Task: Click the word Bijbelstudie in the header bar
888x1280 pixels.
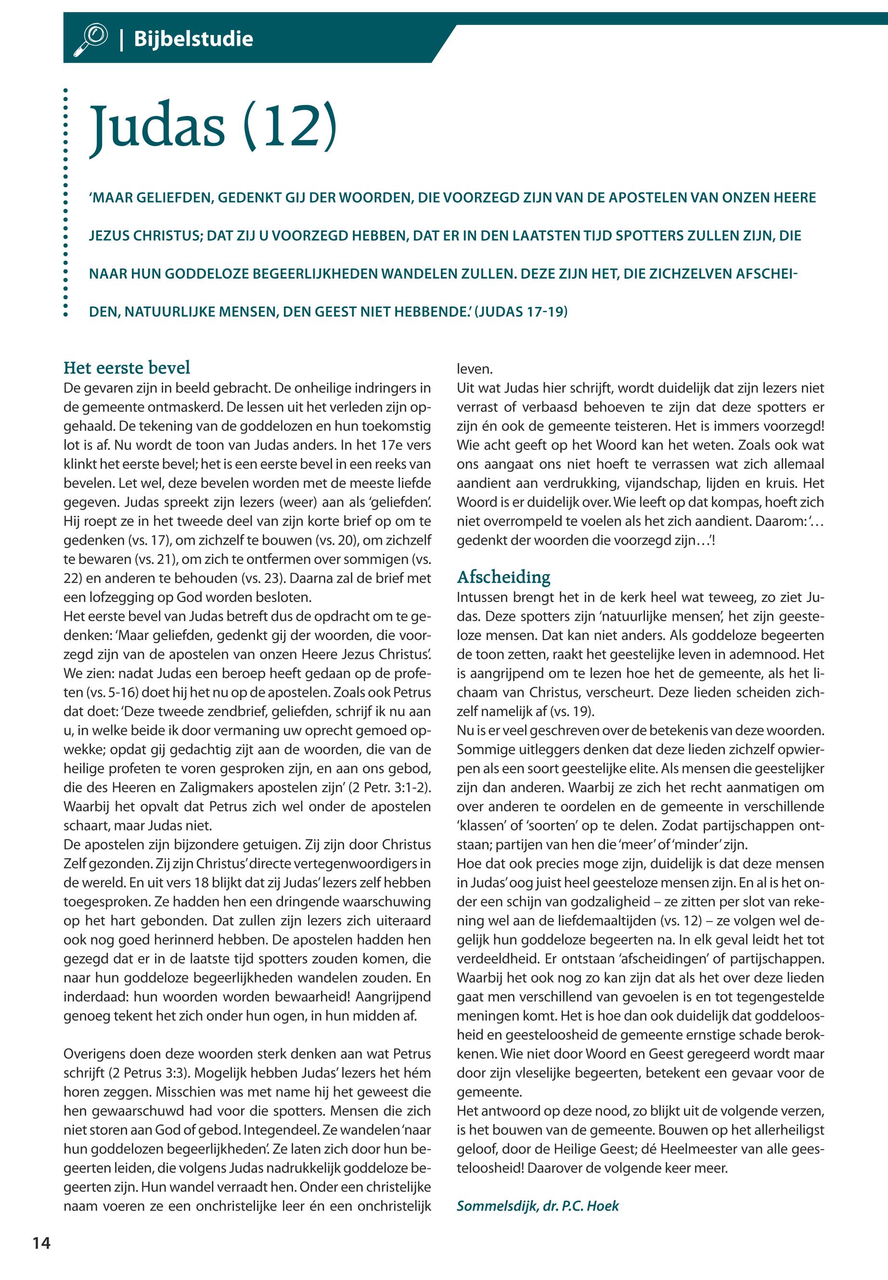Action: click(x=193, y=39)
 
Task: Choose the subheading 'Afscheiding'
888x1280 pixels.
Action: click(x=503, y=577)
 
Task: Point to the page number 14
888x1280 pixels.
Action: click(x=41, y=1243)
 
